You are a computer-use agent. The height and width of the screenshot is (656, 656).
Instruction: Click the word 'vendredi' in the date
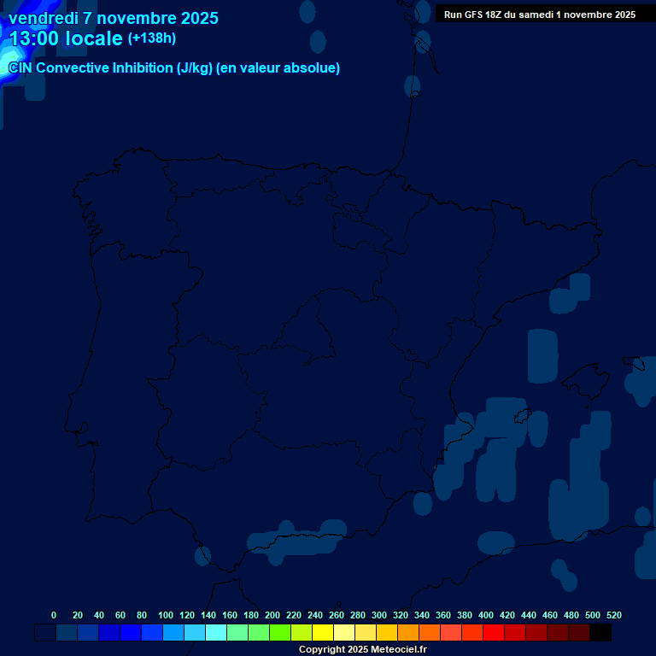pyautogui.click(x=42, y=18)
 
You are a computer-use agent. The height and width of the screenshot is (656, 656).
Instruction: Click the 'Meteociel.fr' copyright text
pyautogui.click(x=394, y=650)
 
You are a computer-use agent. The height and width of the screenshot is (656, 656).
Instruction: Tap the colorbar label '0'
pyautogui.click(x=54, y=615)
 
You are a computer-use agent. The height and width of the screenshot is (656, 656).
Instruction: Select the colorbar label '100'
pyautogui.click(x=166, y=615)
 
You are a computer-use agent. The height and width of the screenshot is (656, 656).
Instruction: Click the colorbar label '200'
pyautogui.click(x=272, y=615)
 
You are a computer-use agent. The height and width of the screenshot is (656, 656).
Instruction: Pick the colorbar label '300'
pyautogui.click(x=379, y=615)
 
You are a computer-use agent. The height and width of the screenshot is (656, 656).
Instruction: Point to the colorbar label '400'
pyautogui.click(x=486, y=615)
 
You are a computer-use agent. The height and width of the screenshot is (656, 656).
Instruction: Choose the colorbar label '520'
pyautogui.click(x=614, y=615)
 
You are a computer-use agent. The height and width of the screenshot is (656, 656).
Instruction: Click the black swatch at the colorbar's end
pyautogui.click(x=600, y=633)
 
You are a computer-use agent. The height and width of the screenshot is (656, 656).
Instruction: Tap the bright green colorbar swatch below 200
pyautogui.click(x=280, y=633)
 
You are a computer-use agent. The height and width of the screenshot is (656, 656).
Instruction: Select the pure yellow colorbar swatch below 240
pyautogui.click(x=323, y=633)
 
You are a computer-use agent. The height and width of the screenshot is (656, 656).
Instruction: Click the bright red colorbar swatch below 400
pyautogui.click(x=494, y=633)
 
